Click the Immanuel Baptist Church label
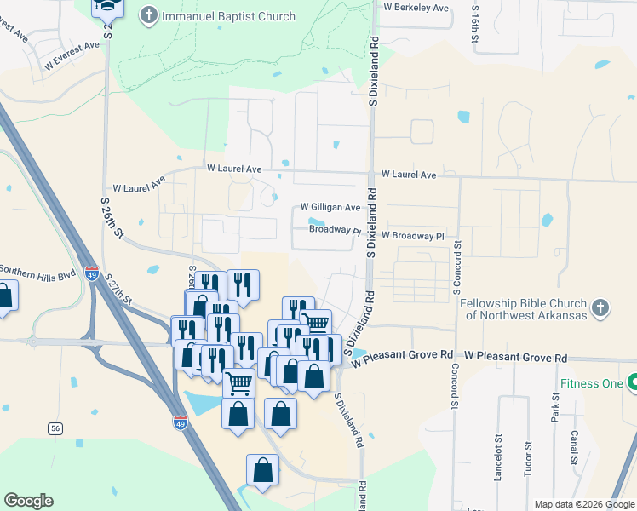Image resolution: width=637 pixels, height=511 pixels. tap(228, 16)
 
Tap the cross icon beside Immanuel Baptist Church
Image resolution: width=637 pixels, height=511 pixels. tap(149, 15)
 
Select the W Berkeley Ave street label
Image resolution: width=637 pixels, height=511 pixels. tap(416, 8)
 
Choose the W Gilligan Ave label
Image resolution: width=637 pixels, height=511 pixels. tap(330, 208)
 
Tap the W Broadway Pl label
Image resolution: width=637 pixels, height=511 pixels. tap(413, 235)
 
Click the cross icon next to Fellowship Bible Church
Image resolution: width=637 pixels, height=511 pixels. tap(600, 307)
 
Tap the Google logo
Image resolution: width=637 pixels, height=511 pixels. tap(29, 501)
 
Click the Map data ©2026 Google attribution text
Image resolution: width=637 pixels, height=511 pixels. tap(583, 504)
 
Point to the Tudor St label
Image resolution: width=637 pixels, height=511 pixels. tap(529, 457)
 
